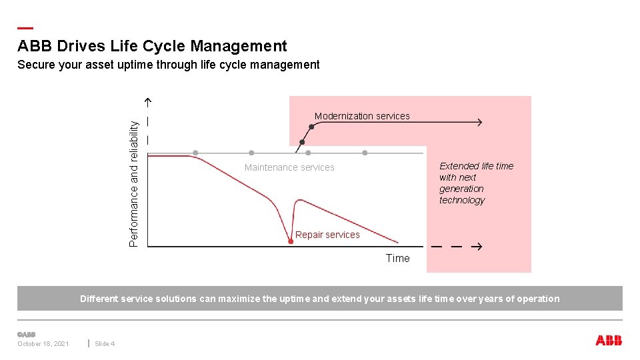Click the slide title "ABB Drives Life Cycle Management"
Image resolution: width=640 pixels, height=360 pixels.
click(152, 46)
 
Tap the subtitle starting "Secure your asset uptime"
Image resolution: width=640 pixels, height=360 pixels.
click(168, 65)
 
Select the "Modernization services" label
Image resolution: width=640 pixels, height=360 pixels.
click(362, 116)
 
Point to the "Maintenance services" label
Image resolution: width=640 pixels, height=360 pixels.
click(289, 167)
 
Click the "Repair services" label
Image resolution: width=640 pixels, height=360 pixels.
click(327, 235)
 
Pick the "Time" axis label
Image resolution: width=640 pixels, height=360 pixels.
click(397, 258)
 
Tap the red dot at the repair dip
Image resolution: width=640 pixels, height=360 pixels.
click(291, 241)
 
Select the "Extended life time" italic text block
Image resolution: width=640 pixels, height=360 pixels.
click(476, 183)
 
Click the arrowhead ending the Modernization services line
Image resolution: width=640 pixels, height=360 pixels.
click(478, 123)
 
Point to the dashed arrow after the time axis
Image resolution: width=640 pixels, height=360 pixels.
click(457, 247)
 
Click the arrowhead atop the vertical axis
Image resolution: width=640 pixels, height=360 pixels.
click(147, 102)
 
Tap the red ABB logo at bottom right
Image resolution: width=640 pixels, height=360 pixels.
click(608, 340)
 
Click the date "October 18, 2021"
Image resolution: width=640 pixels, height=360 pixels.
click(43, 344)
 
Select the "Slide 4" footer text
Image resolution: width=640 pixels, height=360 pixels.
click(105, 344)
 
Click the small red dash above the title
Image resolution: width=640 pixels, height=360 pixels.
click(25, 28)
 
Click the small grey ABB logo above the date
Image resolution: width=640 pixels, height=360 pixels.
click(26, 334)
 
